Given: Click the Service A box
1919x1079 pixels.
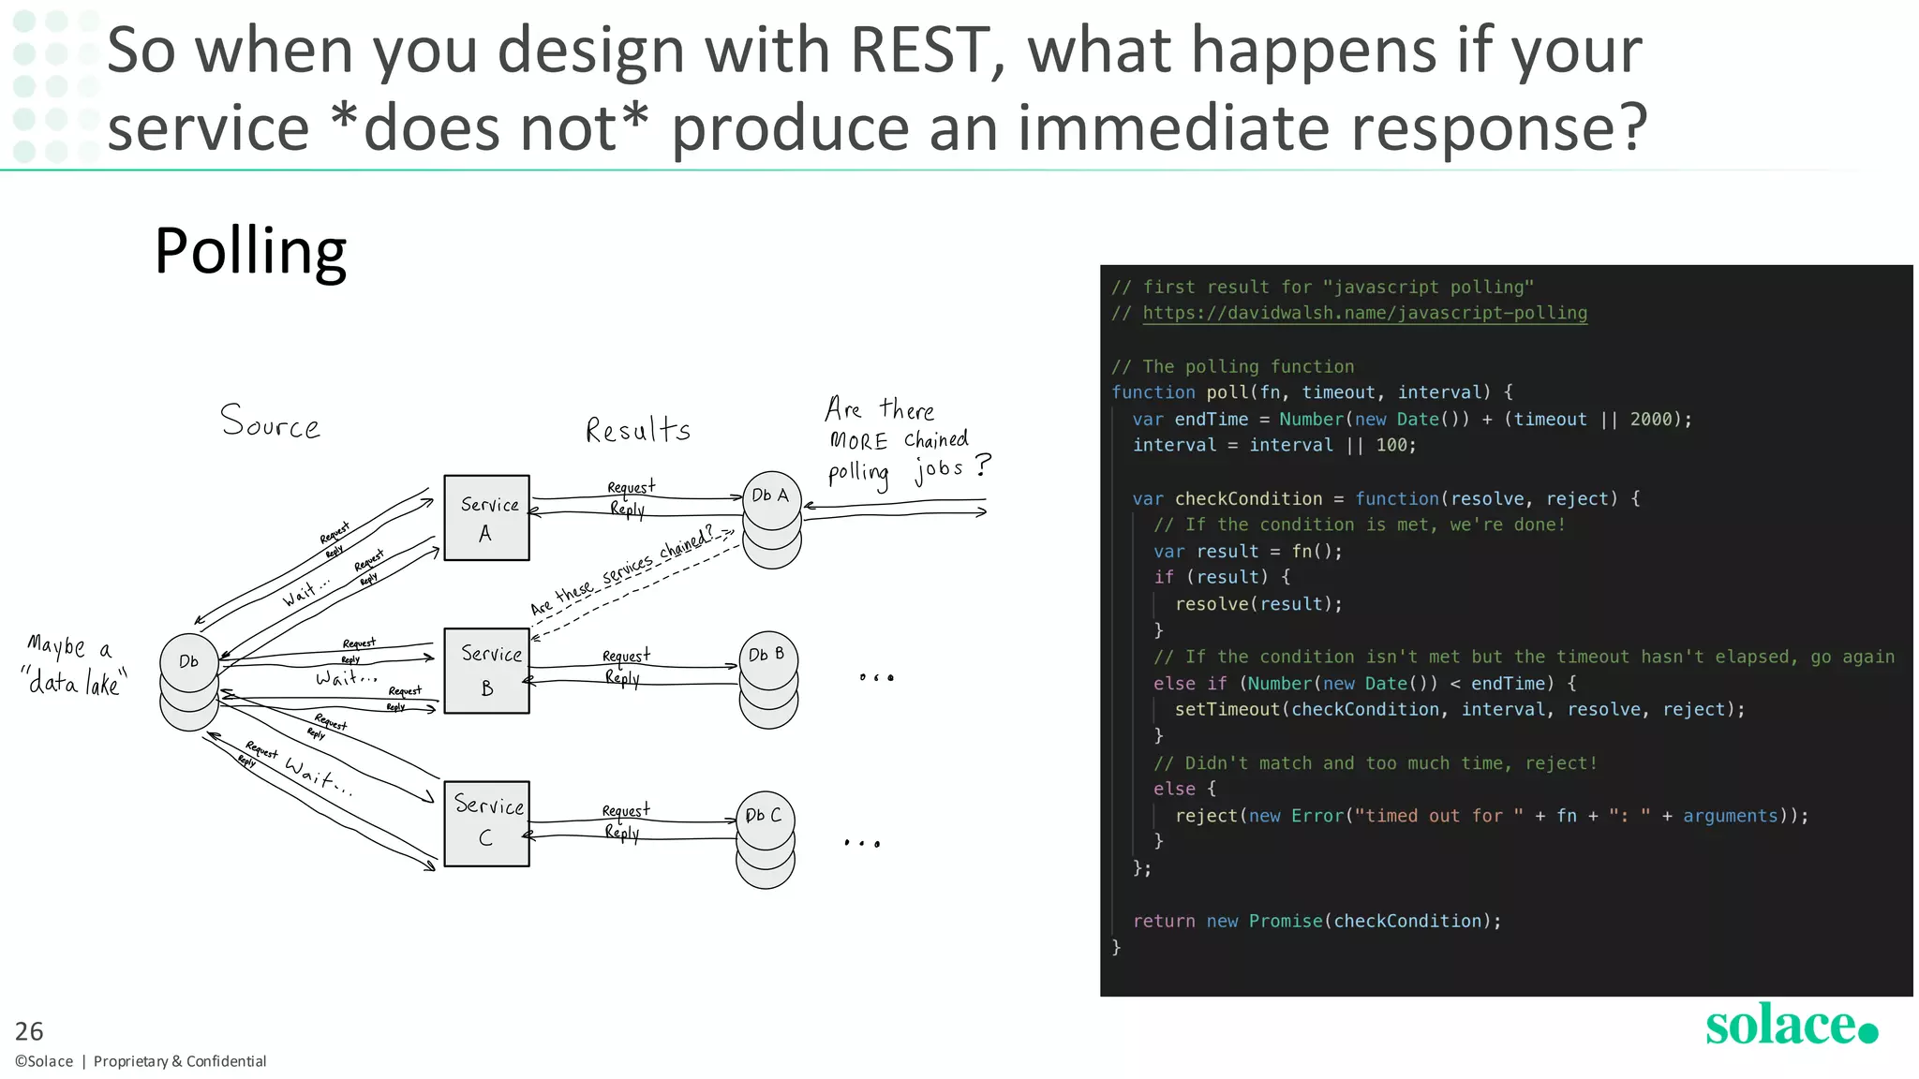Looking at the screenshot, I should (x=486, y=518).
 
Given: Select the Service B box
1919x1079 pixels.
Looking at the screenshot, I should (x=486, y=671).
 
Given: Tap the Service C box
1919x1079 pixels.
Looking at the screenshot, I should (x=486, y=823).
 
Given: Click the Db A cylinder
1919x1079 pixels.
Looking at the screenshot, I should (x=772, y=519).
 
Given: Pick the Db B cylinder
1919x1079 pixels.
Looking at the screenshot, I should (x=768, y=679).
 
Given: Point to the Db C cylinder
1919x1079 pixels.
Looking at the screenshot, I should (x=765, y=839).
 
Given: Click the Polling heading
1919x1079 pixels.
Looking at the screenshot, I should (x=250, y=251).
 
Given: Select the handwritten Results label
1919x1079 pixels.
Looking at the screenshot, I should (x=638, y=430).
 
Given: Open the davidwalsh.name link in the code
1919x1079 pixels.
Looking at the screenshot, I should (x=1364, y=313).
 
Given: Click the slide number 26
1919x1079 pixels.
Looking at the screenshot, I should (x=29, y=1031).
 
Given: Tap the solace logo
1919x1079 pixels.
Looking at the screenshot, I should (x=1791, y=1025).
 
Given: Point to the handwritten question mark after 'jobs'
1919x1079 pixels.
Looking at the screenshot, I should (x=982, y=465).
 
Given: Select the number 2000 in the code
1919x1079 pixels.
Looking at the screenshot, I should (x=1650, y=420).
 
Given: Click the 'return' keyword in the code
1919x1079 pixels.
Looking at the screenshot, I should (x=1164, y=922).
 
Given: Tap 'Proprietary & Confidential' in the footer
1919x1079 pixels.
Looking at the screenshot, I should (x=180, y=1061).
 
